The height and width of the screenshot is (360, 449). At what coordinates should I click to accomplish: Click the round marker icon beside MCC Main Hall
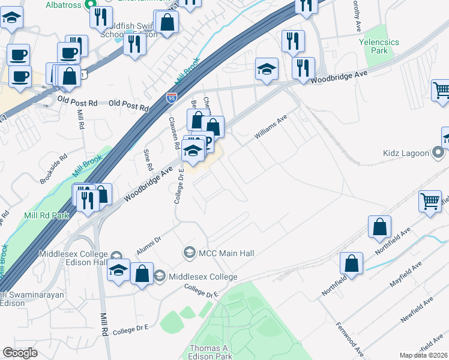pyautogui.click(x=190, y=252)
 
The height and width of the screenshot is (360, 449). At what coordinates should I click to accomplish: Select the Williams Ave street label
pyautogui.click(x=271, y=128)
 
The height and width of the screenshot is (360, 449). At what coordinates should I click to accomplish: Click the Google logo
pyautogui.click(x=20, y=353)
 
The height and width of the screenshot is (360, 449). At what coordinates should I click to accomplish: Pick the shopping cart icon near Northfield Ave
pyautogui.click(x=429, y=202)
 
